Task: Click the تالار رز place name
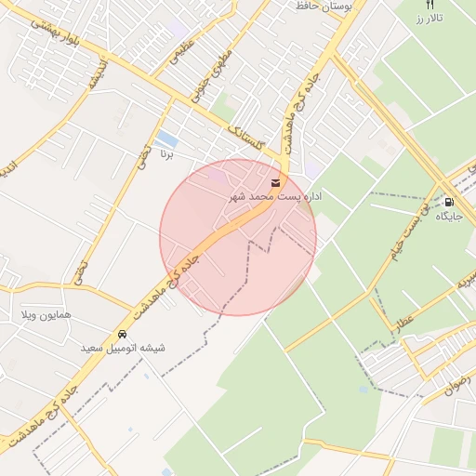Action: point(429,19)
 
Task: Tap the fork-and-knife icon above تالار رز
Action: point(429,5)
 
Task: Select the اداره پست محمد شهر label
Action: point(275,197)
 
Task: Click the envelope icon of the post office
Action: point(276,182)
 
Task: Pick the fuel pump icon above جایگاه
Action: point(450,201)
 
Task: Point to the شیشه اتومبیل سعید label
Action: point(123,348)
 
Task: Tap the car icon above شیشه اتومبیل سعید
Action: point(123,333)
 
